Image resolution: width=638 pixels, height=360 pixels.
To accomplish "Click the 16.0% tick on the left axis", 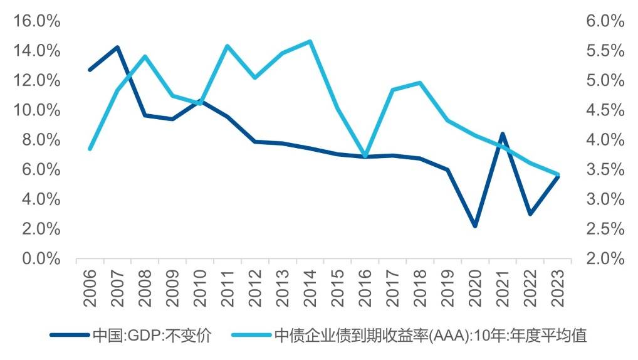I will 36,21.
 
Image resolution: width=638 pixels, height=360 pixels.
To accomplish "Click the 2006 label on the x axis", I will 90,287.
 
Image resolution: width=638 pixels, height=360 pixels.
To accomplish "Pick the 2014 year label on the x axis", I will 310,287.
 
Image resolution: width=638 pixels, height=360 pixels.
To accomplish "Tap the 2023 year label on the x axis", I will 558,287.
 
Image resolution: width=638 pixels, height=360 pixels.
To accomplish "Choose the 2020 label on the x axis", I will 475,287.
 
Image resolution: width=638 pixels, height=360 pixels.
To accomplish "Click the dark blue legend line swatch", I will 70,336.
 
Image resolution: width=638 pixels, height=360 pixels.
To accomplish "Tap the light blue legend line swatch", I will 250,336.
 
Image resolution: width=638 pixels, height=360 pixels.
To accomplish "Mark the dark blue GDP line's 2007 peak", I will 117,48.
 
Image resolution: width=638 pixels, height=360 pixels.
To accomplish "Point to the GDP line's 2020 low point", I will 475,226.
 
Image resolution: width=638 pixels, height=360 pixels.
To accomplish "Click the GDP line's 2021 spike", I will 503,134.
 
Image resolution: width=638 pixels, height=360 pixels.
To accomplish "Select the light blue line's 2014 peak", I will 310,41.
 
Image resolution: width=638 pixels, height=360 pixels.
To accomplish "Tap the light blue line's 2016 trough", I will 365,155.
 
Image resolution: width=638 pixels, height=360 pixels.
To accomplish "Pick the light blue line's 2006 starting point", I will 90,149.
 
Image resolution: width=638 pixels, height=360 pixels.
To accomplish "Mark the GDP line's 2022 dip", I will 530,214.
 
